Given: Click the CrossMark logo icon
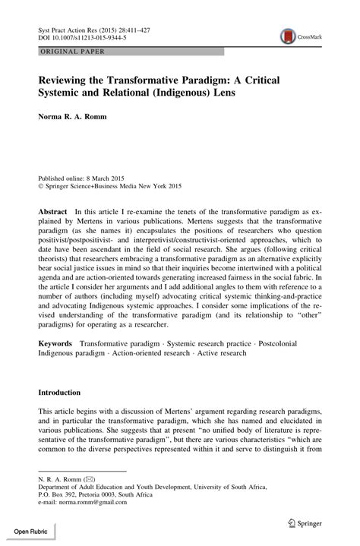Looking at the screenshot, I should (288, 35).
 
